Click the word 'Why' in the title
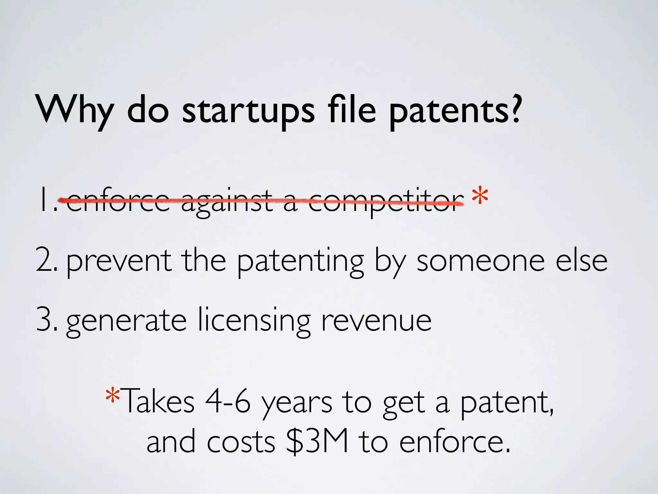[x=75, y=109]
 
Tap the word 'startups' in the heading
[x=248, y=111]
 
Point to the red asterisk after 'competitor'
[x=480, y=197]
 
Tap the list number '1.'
[x=47, y=201]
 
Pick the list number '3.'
[x=47, y=320]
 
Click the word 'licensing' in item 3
[x=254, y=320]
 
